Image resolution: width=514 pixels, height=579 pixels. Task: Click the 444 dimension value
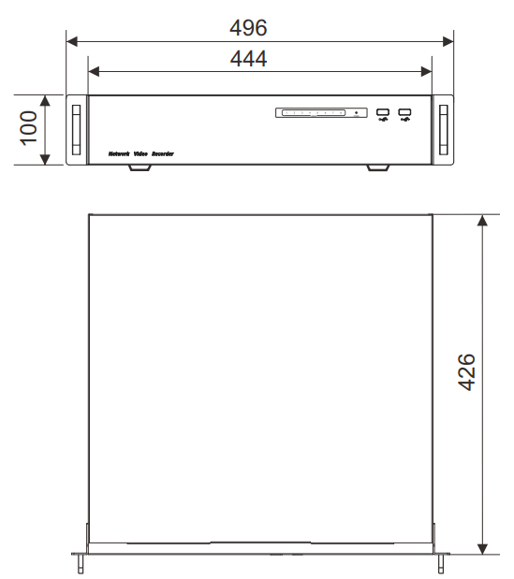[x=248, y=58]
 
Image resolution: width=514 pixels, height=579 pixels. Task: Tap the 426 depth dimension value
[x=465, y=372]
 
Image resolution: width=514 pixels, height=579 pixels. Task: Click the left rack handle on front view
[x=76, y=129]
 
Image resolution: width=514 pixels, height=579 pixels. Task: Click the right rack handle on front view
[x=443, y=129]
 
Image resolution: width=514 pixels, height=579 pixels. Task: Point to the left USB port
[x=383, y=115]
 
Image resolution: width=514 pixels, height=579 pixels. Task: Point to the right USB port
[x=404, y=115]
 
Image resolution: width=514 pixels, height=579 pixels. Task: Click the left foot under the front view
[x=140, y=167]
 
